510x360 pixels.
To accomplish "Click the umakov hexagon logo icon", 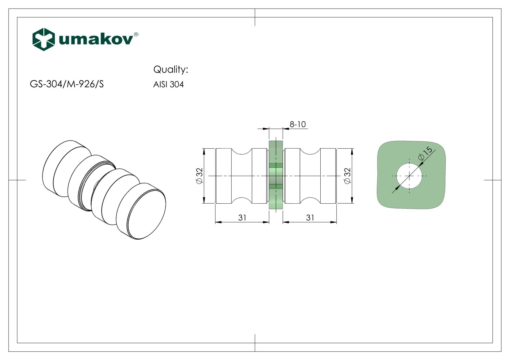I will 44,39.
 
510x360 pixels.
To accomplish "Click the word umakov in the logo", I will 96,39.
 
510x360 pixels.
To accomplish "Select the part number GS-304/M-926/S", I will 67,84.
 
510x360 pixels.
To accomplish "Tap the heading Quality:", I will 171,69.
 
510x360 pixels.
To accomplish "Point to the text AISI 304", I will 168,84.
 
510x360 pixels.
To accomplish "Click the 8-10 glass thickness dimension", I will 297,124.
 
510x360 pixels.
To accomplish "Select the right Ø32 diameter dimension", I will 347,175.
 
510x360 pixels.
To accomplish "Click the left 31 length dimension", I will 242,218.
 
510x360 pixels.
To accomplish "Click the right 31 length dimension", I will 310,218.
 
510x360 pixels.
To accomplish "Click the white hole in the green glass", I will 409,176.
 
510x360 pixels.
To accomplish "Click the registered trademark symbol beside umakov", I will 136,34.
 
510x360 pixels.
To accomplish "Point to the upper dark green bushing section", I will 276,165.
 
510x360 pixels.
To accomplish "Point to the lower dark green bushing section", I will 276,186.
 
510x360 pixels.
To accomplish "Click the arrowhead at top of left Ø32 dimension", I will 204,151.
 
